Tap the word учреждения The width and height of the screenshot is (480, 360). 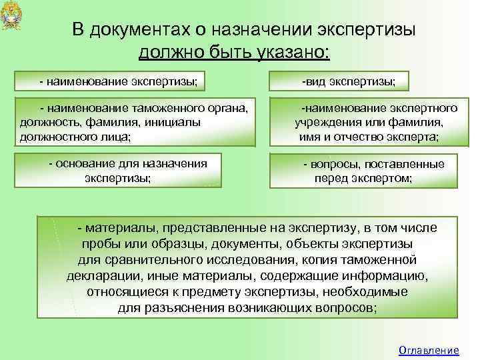pos(326,122)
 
